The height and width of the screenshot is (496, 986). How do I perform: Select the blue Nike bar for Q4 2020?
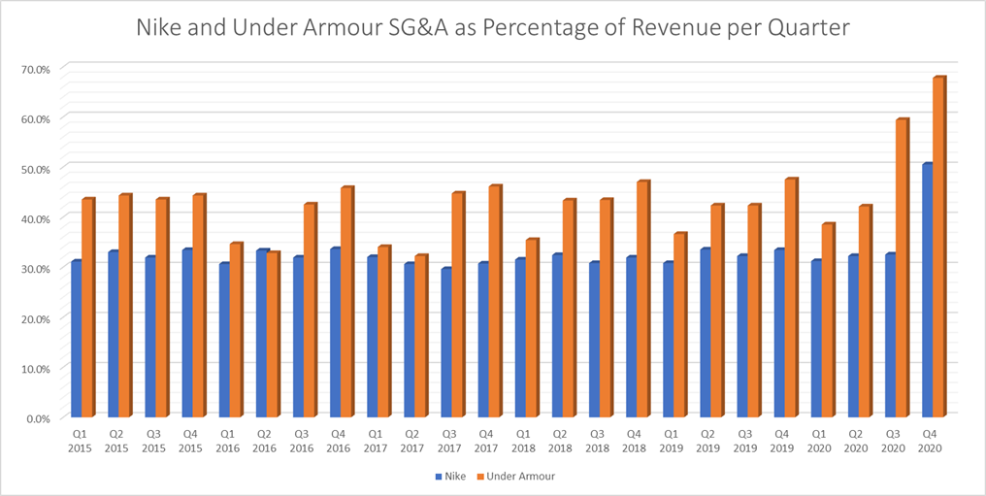[926, 291]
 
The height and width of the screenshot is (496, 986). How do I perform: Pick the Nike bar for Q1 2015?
[75, 340]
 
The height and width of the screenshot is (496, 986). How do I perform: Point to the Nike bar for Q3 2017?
[445, 344]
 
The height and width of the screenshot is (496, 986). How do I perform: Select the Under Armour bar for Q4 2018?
[641, 301]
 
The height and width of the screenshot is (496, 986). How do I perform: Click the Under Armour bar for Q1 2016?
[236, 331]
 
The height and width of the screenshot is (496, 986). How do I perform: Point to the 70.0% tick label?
[36, 69]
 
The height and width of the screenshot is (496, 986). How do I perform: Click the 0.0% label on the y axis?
[38, 418]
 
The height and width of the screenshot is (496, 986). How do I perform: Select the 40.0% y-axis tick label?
[36, 218]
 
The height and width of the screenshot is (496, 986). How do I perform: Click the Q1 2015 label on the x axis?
[82, 442]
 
